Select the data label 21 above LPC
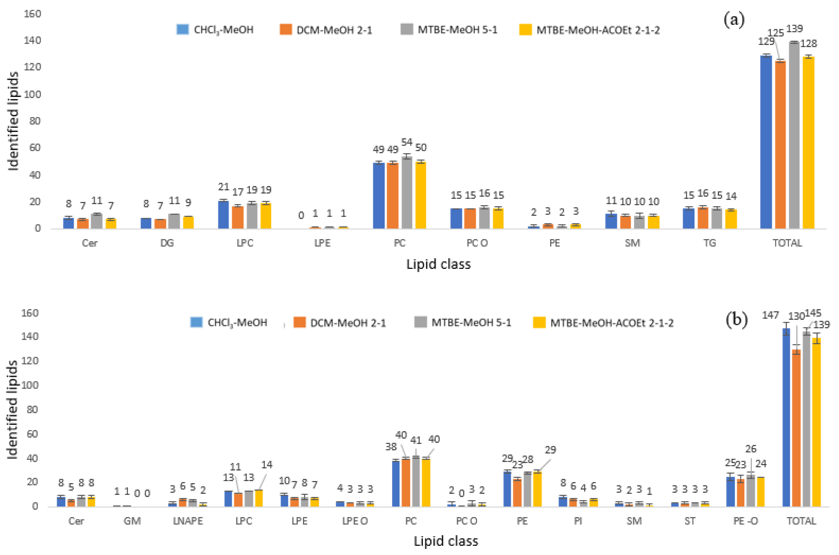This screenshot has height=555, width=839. pyautogui.click(x=223, y=187)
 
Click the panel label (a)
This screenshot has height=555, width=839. pyautogui.click(x=734, y=19)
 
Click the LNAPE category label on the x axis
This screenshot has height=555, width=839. pyautogui.click(x=188, y=521)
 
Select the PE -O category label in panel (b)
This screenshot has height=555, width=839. pyautogui.click(x=745, y=521)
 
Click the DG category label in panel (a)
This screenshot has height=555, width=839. pyautogui.click(x=167, y=243)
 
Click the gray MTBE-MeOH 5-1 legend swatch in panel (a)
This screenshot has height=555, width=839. pyautogui.click(x=407, y=29)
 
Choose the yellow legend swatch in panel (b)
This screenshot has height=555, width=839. pyautogui.click(x=539, y=322)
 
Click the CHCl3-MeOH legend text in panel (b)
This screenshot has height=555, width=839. pyautogui.click(x=237, y=323)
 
